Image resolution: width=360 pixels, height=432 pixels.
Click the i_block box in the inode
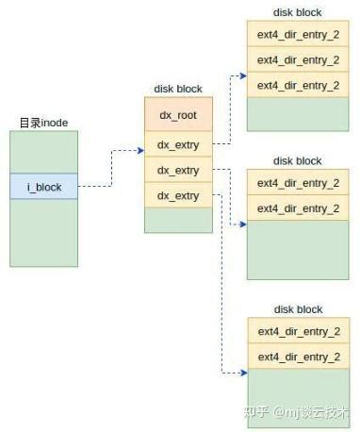tap(43, 187)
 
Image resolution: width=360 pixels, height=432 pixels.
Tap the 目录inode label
tap(43, 124)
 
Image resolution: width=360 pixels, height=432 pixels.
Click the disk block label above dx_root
tap(177, 90)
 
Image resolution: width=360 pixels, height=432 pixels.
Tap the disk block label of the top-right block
tap(298, 12)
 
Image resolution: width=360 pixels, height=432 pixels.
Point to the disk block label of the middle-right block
tap(298, 161)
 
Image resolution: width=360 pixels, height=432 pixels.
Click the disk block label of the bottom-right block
tap(298, 309)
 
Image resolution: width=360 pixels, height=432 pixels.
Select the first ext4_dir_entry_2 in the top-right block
tap(298, 35)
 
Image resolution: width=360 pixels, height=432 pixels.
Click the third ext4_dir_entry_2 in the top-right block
tap(298, 85)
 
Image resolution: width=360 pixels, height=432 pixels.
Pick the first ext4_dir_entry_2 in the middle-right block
tap(298, 183)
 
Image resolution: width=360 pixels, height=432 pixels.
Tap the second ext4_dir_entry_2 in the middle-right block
tap(298, 208)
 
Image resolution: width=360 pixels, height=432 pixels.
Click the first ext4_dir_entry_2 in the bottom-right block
tap(298, 331)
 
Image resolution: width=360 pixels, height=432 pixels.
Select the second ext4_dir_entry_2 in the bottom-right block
tap(298, 357)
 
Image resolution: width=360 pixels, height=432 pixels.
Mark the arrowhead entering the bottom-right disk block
tap(242, 374)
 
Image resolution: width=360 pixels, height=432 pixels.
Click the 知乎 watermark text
tap(256, 411)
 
